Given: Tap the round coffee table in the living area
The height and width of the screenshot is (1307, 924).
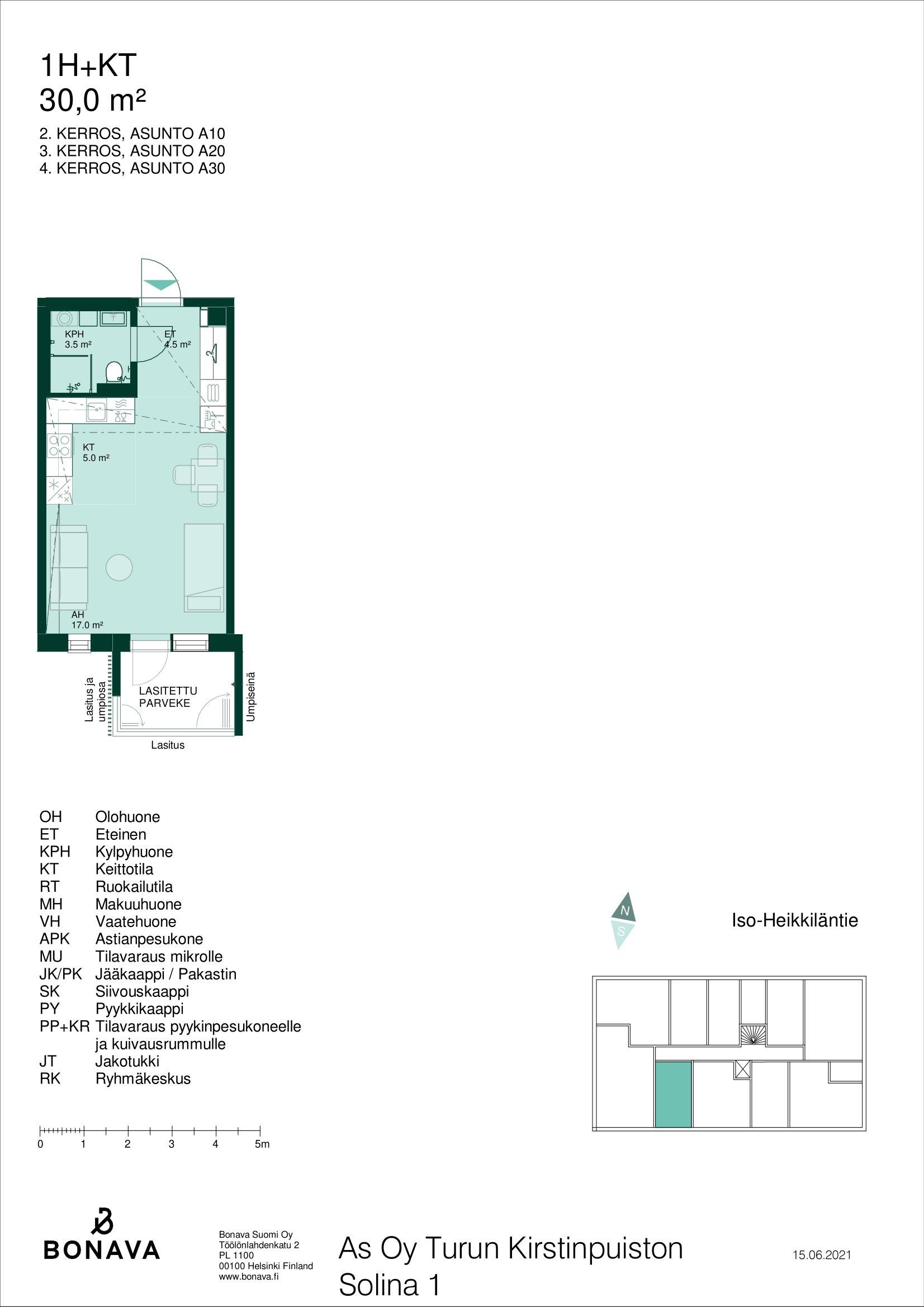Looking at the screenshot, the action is click(120, 567).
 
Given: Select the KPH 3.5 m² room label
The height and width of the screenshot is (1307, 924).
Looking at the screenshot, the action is click(78, 339).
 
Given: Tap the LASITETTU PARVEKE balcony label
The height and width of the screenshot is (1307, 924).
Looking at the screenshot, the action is click(168, 697).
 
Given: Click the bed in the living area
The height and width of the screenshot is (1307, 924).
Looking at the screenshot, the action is click(203, 568).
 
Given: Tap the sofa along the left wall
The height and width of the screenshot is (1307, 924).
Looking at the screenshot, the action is click(69, 567).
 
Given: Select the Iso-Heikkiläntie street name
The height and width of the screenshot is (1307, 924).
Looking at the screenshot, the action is click(794, 920).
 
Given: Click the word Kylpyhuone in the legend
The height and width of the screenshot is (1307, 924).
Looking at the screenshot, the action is click(134, 852).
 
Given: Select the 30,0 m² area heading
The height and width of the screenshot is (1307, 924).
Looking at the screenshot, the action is click(93, 101).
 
